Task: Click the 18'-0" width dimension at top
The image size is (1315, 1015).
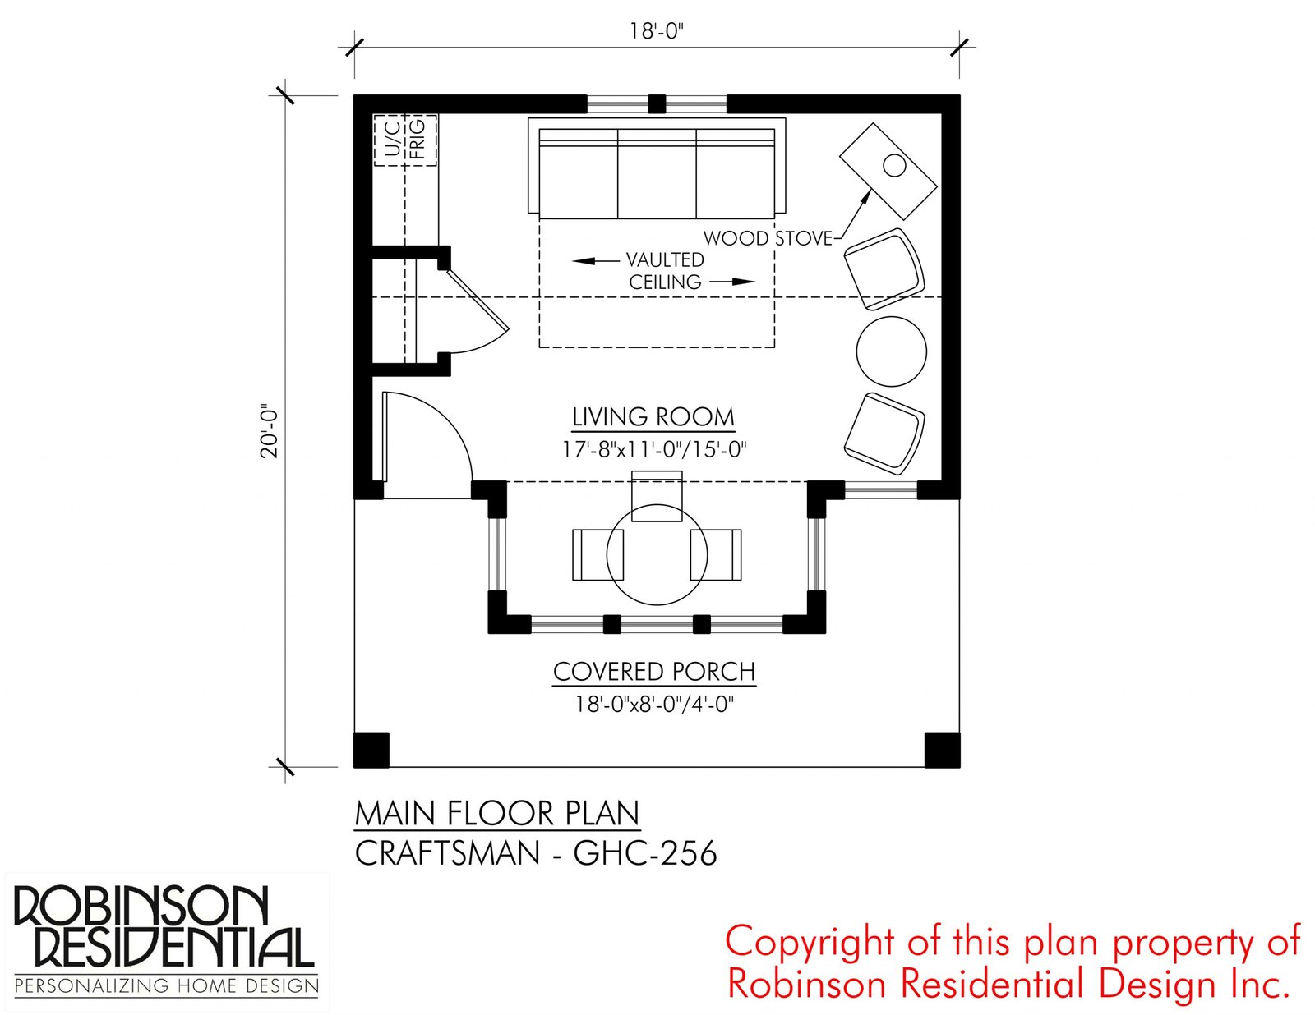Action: click(x=657, y=31)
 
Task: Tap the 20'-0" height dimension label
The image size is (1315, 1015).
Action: click(x=270, y=431)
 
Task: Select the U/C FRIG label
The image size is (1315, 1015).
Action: click(x=405, y=140)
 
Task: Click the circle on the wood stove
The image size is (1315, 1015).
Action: click(x=894, y=165)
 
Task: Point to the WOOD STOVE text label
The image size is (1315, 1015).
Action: click(x=768, y=238)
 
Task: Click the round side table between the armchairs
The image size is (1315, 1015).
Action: click(x=892, y=351)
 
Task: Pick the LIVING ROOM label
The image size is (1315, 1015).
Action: click(x=653, y=417)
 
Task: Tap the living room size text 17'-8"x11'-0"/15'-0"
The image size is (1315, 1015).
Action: click(x=653, y=450)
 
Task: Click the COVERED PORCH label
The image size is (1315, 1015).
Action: click(x=654, y=672)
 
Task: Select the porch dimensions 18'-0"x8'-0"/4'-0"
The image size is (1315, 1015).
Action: click(x=654, y=705)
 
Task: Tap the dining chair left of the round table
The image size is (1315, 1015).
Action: click(x=590, y=555)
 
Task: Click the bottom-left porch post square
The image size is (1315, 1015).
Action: click(x=371, y=751)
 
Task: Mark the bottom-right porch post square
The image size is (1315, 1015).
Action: click(x=942, y=751)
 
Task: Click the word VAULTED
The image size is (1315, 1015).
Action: click(x=665, y=260)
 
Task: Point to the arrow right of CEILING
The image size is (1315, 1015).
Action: click(x=732, y=282)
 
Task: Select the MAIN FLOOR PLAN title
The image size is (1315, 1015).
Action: click(x=497, y=814)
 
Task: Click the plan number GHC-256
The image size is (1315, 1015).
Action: click(x=645, y=853)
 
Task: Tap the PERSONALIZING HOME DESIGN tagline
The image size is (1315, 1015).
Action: click(x=166, y=986)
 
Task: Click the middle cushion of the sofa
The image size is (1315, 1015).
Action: click(x=657, y=181)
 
